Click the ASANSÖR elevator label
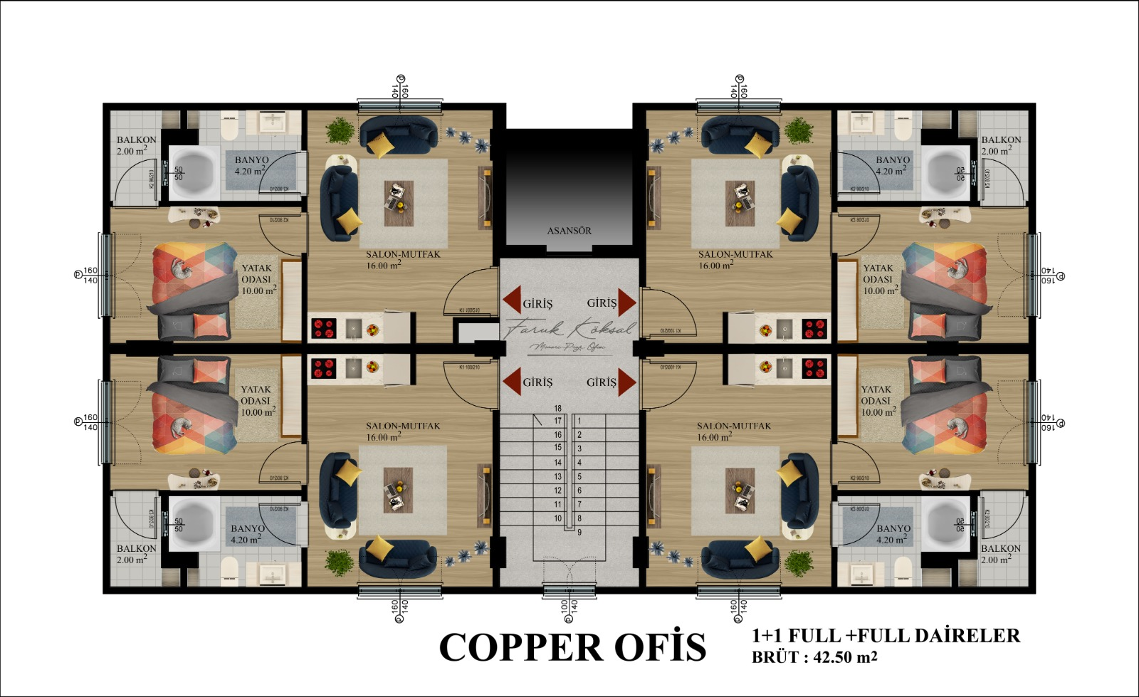pyautogui.click(x=569, y=231)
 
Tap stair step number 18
pyautogui.click(x=558, y=409)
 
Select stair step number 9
pyautogui.click(x=579, y=533)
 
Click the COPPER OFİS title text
pyautogui.click(x=572, y=646)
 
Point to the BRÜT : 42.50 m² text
pyautogui.click(x=814, y=657)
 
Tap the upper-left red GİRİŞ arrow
pyautogui.click(x=511, y=301)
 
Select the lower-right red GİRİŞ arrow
pyautogui.click(x=626, y=382)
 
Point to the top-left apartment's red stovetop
pyautogui.click(x=324, y=329)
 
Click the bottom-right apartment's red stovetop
pyautogui.click(x=814, y=368)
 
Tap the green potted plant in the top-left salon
pyautogui.click(x=340, y=130)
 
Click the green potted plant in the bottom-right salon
pyautogui.click(x=799, y=563)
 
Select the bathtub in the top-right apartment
pyautogui.click(x=945, y=173)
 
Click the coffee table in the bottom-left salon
pyautogui.click(x=398, y=489)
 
